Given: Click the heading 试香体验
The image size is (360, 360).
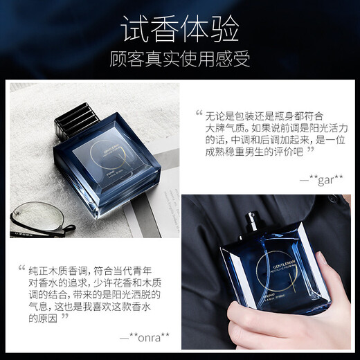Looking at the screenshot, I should pyautogui.click(x=179, y=28).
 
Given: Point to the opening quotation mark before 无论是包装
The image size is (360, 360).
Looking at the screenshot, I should pyautogui.click(x=201, y=114).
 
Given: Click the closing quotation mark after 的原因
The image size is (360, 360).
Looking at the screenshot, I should pyautogui.click(x=65, y=316).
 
